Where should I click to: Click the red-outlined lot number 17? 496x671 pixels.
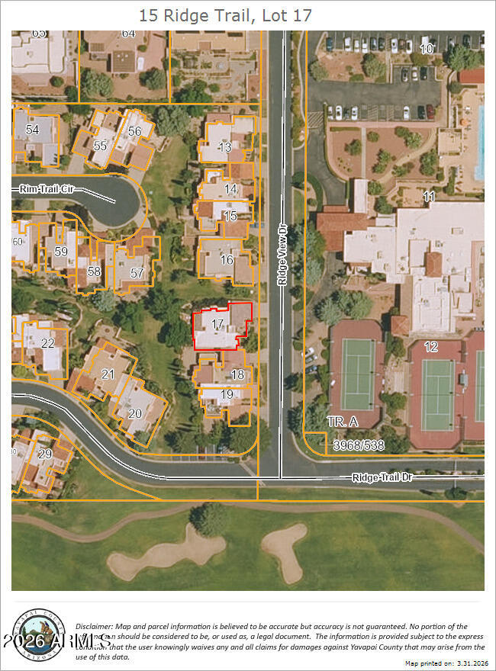pyautogui.click(x=217, y=324)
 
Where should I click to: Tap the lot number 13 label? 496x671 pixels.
pyautogui.click(x=224, y=147)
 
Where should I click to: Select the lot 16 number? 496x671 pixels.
pyautogui.click(x=226, y=259)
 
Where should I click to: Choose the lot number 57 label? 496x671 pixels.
pyautogui.click(x=137, y=272)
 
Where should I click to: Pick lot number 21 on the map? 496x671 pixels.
pyautogui.click(x=108, y=374)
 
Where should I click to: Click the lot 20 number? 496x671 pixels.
pyautogui.click(x=135, y=413)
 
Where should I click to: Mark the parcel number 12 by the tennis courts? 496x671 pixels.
pyautogui.click(x=431, y=346)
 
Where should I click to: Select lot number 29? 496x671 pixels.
pyautogui.click(x=44, y=453)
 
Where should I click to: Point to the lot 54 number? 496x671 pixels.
pyautogui.click(x=32, y=130)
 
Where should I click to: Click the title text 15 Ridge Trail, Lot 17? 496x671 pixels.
pyautogui.click(x=225, y=14)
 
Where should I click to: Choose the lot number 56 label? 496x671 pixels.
pyautogui.click(x=134, y=131)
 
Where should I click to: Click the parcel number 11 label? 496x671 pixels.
pyautogui.click(x=429, y=197)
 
